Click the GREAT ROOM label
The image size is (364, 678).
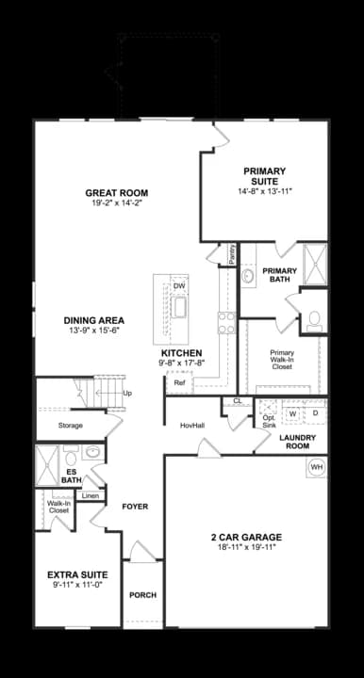(x=117, y=193)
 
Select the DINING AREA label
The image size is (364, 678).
(x=94, y=319)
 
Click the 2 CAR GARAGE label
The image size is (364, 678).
(x=247, y=538)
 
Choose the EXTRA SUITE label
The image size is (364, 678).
(x=77, y=574)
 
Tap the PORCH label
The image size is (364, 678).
(x=142, y=595)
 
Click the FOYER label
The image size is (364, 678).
(x=135, y=507)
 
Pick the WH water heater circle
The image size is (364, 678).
(x=317, y=467)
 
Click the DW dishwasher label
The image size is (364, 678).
(x=179, y=286)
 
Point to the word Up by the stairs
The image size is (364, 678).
(x=127, y=393)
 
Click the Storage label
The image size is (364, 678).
(x=70, y=426)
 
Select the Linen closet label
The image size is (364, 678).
(x=91, y=495)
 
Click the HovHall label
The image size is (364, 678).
(x=192, y=426)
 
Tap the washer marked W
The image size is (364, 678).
(x=292, y=413)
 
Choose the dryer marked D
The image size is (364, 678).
(x=316, y=413)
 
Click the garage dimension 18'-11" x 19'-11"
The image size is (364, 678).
(x=247, y=549)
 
